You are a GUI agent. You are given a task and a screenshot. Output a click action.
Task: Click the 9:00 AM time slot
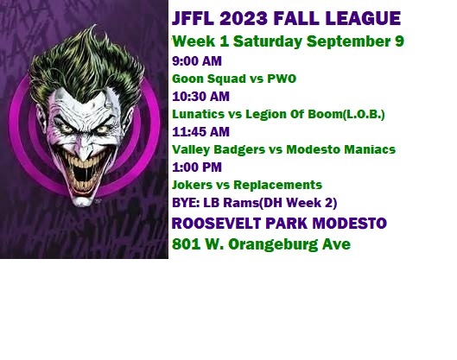coord(197,61)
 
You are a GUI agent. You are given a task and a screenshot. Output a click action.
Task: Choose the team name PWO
coord(282,79)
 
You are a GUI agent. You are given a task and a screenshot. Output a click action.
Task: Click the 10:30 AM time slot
coord(200,97)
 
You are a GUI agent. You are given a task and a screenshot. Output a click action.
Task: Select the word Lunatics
coord(198,114)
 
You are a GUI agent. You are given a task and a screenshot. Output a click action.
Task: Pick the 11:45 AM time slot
coord(200,132)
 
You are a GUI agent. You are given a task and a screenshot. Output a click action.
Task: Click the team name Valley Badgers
coord(219,149)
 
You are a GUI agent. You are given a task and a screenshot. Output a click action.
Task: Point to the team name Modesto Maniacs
coord(340,149)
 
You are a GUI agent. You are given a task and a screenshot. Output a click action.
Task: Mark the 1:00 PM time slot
coord(197,167)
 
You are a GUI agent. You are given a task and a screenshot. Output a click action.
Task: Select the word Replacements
coord(278,186)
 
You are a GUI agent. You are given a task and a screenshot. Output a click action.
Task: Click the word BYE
coord(186,203)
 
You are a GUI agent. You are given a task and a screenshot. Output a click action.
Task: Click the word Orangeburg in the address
coord(273,244)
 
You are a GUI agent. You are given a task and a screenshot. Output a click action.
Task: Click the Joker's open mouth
coord(83,174)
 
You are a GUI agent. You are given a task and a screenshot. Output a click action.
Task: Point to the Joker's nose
coord(83,150)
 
